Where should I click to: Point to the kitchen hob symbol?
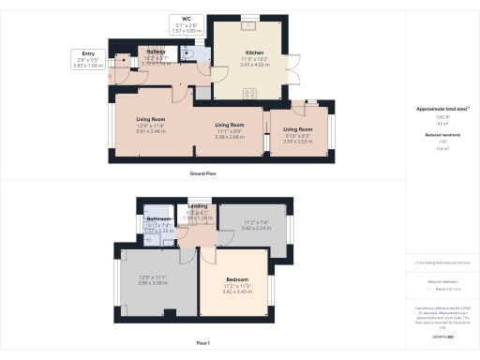pyautogui.click(x=251, y=92)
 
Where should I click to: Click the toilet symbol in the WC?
pyautogui.click(x=190, y=54)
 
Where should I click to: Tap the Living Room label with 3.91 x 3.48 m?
pyautogui.click(x=151, y=124)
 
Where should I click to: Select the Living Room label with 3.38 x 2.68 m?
pyautogui.click(x=230, y=128)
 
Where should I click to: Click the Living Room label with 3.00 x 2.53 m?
pyautogui.click(x=297, y=134)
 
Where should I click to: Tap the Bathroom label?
pyautogui.click(x=157, y=221)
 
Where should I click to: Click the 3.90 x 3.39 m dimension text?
pyautogui.click(x=153, y=280)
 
